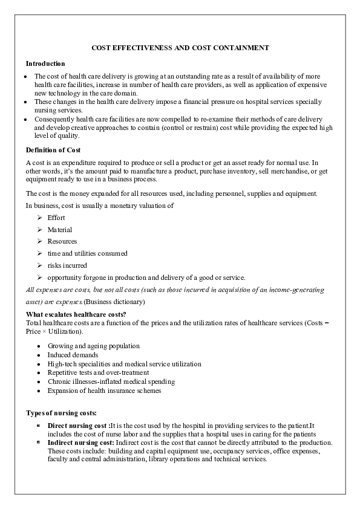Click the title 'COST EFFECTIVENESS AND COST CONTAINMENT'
coord(180,47)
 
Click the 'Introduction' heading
coord(45,63)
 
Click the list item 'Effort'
coord(56,217)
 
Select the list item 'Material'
coord(59,229)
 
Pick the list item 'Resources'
coord(62,241)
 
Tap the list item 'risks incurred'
coord(67,265)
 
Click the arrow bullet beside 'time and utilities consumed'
coord(39,253)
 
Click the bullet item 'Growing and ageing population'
coord(93,346)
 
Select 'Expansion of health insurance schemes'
coord(104,391)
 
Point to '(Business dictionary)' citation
coord(115,301)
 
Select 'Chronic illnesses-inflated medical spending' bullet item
coord(111,381)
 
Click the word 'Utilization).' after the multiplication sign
coord(66,332)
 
